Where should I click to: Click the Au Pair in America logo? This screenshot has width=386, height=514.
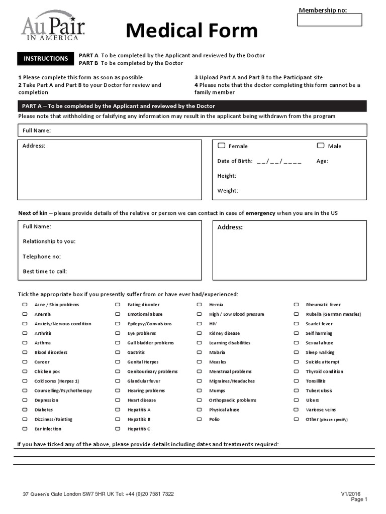tap(53, 26)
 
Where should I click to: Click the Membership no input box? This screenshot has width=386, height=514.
tap(329, 20)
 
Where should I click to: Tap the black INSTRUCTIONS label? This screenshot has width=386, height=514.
tap(46, 59)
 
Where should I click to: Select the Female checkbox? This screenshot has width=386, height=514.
tap(221, 146)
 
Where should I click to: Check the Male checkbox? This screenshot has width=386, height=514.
tap(320, 146)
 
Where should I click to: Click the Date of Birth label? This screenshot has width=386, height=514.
tap(235, 161)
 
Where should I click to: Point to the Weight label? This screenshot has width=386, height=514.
tap(228, 191)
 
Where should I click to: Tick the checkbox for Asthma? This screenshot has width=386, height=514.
tap(24, 343)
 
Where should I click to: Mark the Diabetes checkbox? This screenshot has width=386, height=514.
tap(24, 410)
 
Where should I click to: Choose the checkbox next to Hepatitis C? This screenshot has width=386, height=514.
tap(118, 429)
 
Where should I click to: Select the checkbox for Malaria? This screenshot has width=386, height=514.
tap(199, 352)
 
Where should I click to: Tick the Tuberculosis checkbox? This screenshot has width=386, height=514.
tap(297, 391)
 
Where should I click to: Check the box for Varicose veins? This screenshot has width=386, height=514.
tap(297, 410)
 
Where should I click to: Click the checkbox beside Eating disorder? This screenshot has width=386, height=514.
tap(118, 305)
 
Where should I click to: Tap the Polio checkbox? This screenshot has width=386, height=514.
tap(199, 419)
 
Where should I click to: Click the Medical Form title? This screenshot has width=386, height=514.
tap(191, 31)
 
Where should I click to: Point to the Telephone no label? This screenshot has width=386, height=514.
tap(42, 256)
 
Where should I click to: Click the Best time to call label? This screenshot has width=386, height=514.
tap(45, 272)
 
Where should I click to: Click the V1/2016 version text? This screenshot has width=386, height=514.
tap(351, 494)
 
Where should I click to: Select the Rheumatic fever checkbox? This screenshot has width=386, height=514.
tap(297, 305)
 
